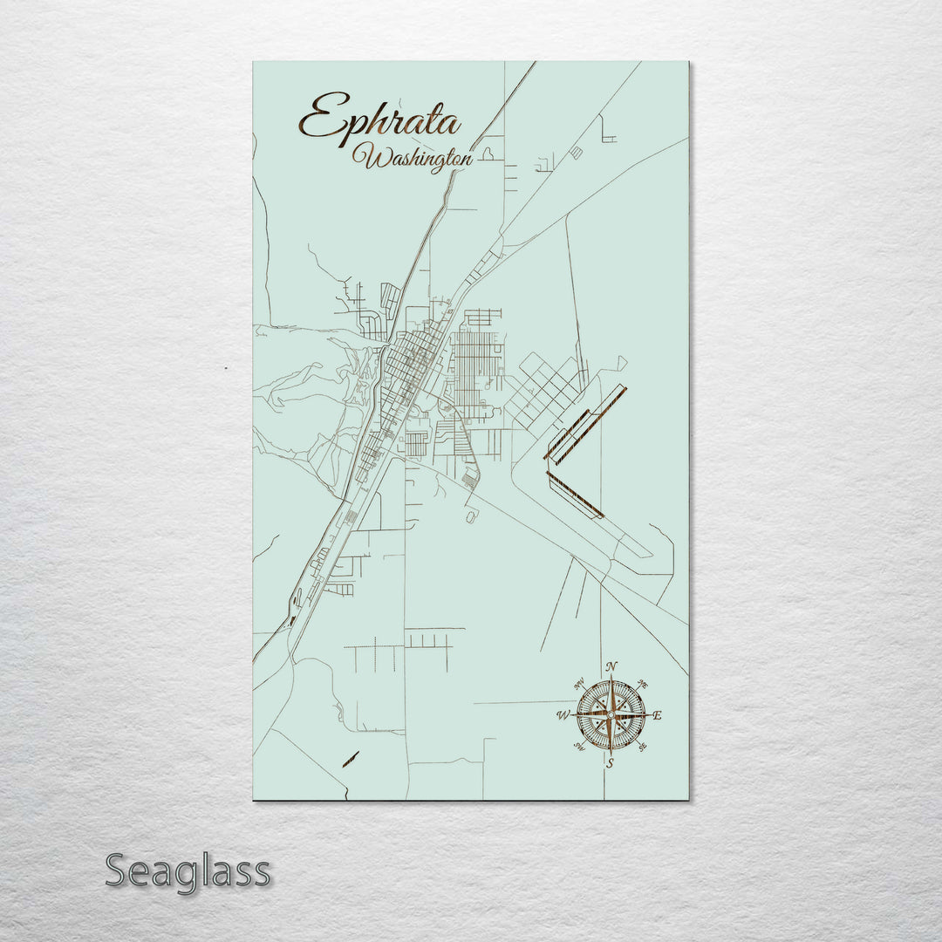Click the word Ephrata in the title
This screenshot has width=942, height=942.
click(380, 119)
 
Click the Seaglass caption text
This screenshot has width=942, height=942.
click(188, 871)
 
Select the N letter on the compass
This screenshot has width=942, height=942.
click(611, 668)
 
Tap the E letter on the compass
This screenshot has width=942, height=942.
click(658, 716)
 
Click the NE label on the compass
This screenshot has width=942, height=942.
click(644, 683)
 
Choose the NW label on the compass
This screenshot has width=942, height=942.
click(578, 684)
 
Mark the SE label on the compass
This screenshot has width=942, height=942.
click(643, 747)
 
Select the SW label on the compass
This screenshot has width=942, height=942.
click(578, 747)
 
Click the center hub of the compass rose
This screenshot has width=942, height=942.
click(611, 715)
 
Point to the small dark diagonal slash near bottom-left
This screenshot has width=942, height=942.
click(351, 757)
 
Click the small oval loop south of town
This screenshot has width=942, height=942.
click(471, 517)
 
